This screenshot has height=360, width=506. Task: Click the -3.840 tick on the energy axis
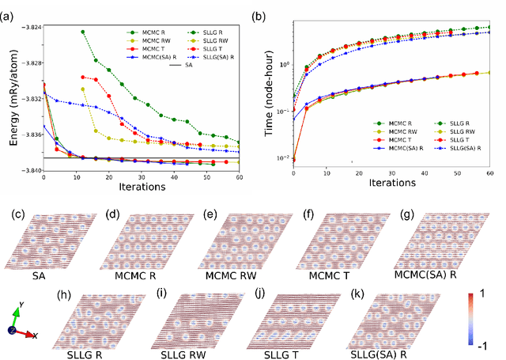coord(29,171)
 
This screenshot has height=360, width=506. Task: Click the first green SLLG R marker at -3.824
coord(83,32)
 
